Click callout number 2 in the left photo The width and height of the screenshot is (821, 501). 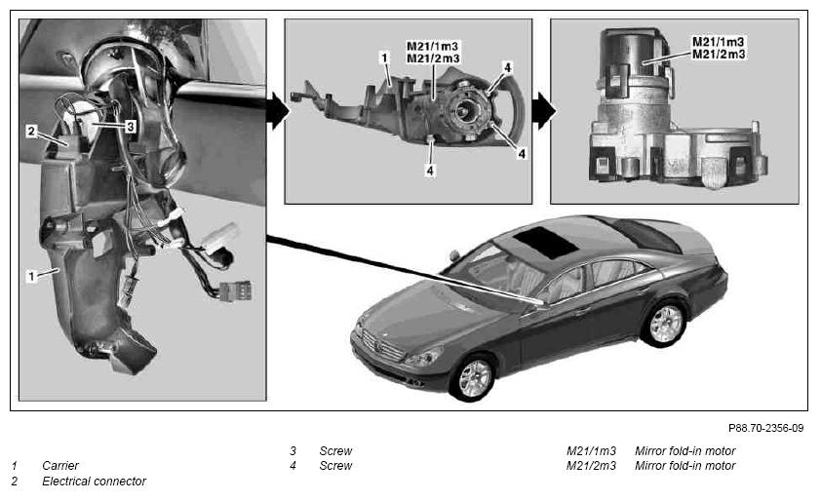pos(32,131)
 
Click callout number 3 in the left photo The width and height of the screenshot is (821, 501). pos(130,126)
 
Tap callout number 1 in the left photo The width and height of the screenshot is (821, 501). pos(32,276)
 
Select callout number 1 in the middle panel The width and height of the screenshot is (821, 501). pos(385,58)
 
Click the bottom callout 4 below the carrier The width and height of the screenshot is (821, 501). pos(430,171)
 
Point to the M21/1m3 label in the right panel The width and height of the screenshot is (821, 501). pos(719,41)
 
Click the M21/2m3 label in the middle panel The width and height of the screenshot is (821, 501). pos(433,58)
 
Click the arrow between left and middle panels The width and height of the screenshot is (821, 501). pos(278,111)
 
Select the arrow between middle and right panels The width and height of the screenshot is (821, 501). pos(544,111)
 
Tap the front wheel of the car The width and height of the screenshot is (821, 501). pos(475,378)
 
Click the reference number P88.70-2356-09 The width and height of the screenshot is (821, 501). pos(765,428)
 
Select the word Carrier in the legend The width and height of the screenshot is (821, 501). pos(60,465)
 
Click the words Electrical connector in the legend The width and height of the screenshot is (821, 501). pos(95,482)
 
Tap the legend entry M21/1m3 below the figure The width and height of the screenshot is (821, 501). pos(591,450)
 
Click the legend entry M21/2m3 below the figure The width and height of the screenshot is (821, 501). pos(591,465)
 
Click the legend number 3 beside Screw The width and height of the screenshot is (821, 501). pos(293,450)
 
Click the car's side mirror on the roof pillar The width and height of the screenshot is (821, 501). pos(454,255)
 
